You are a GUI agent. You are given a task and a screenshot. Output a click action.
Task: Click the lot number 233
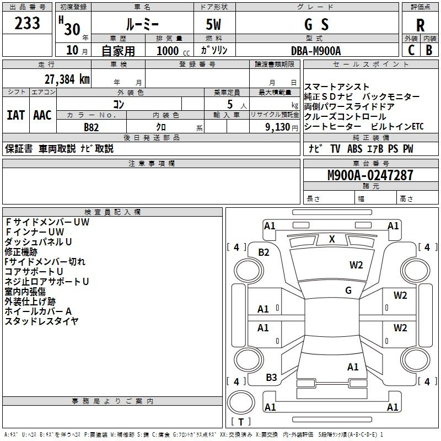[27, 23]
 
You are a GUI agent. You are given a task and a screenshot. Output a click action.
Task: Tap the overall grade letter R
[420, 25]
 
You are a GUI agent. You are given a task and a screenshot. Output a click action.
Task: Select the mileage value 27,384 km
[67, 79]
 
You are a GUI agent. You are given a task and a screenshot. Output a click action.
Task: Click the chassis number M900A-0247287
[370, 175]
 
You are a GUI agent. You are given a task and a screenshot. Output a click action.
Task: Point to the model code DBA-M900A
[316, 51]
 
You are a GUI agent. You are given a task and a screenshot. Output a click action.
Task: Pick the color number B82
[92, 127]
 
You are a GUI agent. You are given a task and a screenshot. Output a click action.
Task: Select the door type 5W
[213, 24]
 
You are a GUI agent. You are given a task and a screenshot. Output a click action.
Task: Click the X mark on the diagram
[332, 239]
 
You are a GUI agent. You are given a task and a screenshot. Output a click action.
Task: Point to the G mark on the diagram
[348, 291]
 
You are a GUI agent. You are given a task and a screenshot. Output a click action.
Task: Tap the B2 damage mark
[264, 252]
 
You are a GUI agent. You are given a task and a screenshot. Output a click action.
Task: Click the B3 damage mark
[271, 378]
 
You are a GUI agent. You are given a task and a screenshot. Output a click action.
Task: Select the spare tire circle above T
[241, 402]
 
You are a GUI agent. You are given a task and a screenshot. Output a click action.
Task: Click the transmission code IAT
[16, 115]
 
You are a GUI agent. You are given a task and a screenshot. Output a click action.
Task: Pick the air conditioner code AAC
[42, 115]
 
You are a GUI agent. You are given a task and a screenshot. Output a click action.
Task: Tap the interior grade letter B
[429, 50]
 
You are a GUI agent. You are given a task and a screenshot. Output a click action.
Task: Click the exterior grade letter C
[411, 50]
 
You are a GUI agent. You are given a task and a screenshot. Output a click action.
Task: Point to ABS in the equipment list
[354, 148]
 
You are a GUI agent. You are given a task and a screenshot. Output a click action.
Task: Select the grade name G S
[316, 24]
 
